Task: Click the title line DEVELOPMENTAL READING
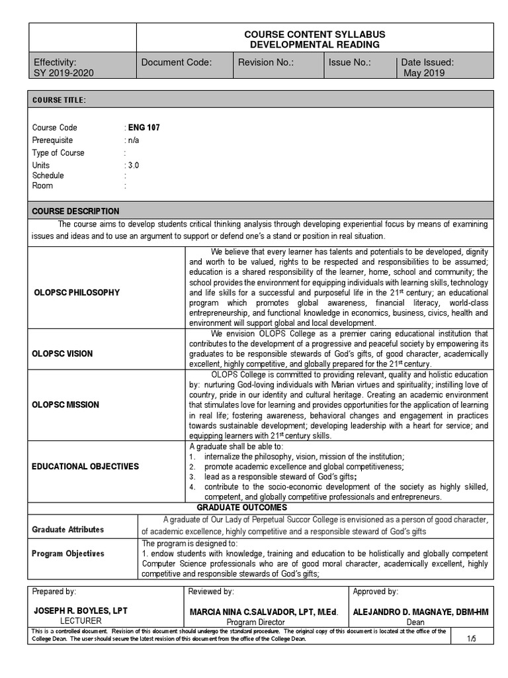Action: pyautogui.click(x=314, y=44)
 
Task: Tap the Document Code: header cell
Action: pyautogui.click(x=177, y=62)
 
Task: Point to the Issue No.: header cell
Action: pyautogui.click(x=350, y=62)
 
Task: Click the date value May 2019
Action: pyautogui.click(x=424, y=73)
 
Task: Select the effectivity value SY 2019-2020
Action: pyautogui.click(x=63, y=73)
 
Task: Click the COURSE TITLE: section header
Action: pyautogui.click(x=59, y=100)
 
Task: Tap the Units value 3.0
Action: pyautogui.click(x=134, y=165)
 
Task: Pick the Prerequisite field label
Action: pyautogui.click(x=53, y=140)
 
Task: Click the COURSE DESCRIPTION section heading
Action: pyautogui.click(x=76, y=211)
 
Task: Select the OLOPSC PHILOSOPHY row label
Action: pyautogui.click(x=76, y=292)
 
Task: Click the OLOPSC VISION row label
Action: pyautogui.click(x=62, y=354)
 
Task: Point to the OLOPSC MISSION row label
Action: pyautogui.click(x=65, y=405)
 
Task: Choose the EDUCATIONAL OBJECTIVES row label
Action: pyautogui.click(x=85, y=466)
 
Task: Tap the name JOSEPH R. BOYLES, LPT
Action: pyautogui.click(x=81, y=612)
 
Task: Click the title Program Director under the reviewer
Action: pyautogui.click(x=255, y=622)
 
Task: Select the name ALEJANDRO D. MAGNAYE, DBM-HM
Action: pyautogui.click(x=421, y=612)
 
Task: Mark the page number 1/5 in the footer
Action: pyautogui.click(x=472, y=638)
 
